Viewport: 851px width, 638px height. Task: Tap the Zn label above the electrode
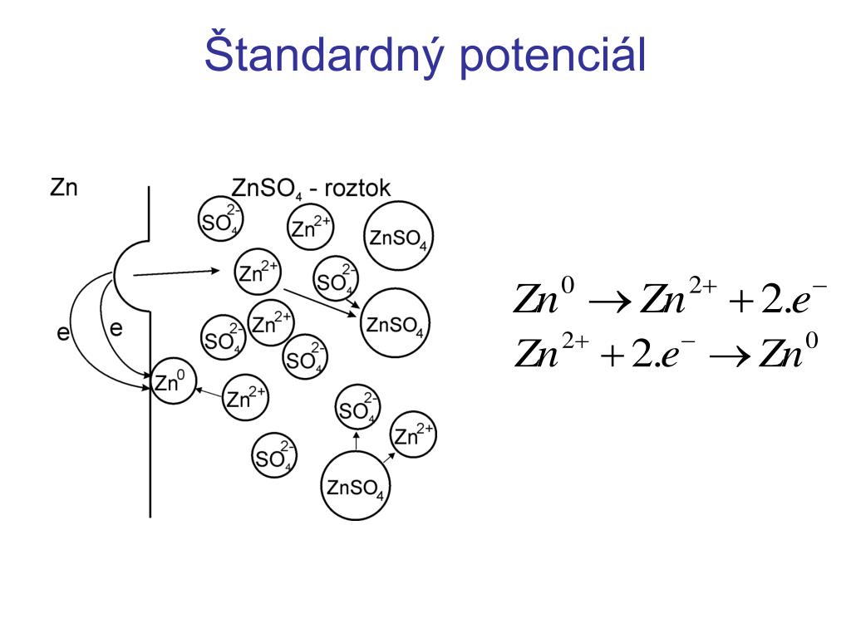click(64, 188)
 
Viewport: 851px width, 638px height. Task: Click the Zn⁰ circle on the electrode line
click(173, 383)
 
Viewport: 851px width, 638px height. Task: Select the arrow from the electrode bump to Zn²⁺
click(178, 271)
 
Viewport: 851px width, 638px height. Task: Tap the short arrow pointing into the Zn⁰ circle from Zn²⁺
click(209, 391)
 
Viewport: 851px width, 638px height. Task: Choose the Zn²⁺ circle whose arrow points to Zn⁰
click(245, 398)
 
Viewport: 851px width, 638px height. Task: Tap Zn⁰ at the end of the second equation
click(793, 352)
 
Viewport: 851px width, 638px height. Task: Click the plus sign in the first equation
click(740, 302)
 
